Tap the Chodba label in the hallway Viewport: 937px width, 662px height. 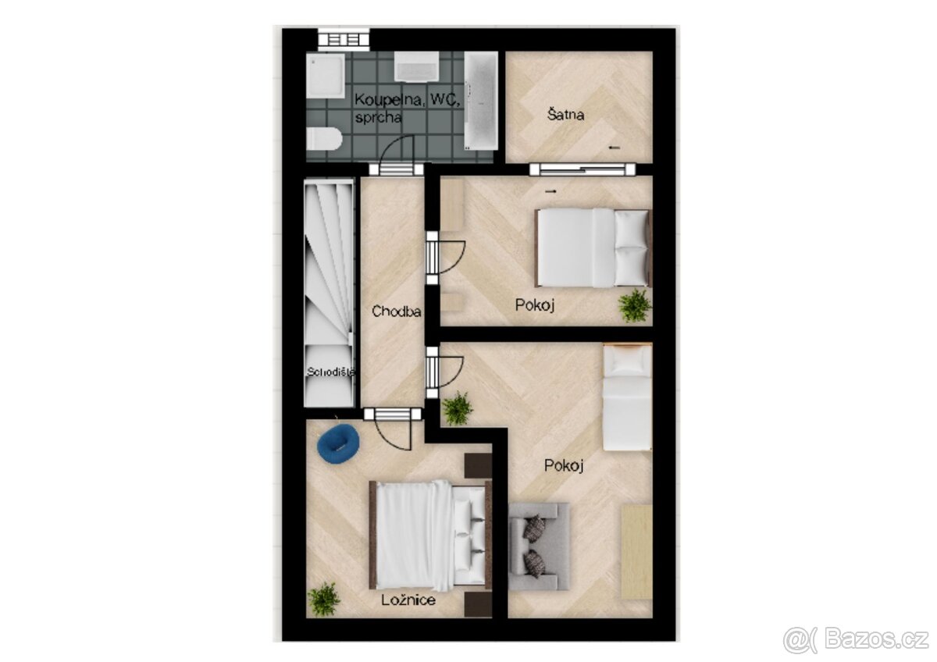[397, 311]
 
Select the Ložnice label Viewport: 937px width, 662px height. [408, 600]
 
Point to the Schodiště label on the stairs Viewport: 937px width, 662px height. [330, 372]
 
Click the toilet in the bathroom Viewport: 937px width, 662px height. [323, 139]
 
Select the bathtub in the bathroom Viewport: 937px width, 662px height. [480, 101]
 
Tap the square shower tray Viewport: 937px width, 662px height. [325, 75]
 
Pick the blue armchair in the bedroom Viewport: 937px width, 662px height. [338, 441]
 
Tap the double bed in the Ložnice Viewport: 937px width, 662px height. [429, 534]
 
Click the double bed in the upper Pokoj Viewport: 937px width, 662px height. [593, 247]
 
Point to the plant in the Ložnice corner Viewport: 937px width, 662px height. [324, 599]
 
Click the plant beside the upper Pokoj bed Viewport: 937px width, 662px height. [635, 305]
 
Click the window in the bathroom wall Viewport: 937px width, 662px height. [344, 38]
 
